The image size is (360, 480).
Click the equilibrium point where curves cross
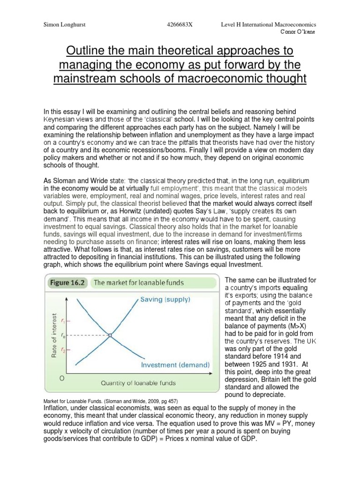coord(110,335)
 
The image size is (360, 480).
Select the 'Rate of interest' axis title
coord(55,336)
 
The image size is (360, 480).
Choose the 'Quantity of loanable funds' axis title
coord(138,382)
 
